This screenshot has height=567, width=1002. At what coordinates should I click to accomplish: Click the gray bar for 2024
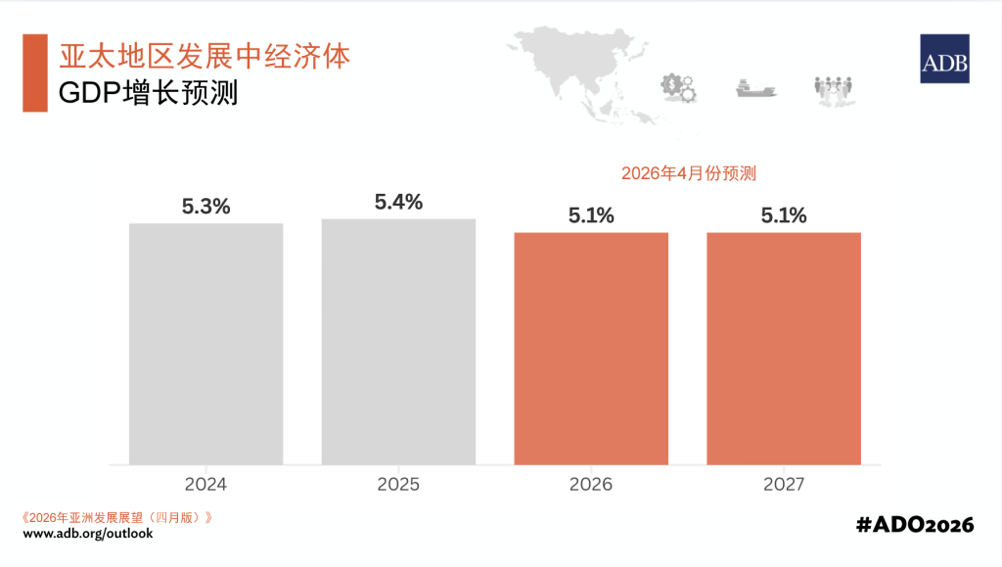[x=205, y=343]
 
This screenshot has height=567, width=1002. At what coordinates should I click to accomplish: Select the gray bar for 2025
[x=398, y=341]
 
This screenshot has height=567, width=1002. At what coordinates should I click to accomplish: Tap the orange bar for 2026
[x=591, y=348]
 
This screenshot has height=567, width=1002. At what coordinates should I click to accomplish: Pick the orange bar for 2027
[x=784, y=348]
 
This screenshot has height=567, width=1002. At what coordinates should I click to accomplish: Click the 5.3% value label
[x=205, y=207]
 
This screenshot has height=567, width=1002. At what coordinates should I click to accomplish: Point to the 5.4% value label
[x=398, y=202]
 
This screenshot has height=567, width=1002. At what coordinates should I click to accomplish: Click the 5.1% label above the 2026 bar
[x=591, y=216]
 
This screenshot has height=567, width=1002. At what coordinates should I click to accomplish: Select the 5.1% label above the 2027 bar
[x=784, y=216]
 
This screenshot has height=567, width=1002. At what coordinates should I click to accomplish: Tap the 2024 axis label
[x=205, y=485]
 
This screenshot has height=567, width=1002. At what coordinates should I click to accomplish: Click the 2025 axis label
[x=398, y=485]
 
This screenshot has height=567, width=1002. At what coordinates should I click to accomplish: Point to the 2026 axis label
[x=591, y=485]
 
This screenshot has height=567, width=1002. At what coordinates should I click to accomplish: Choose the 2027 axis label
[x=784, y=485]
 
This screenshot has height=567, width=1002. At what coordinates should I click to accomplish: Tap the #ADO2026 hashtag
[x=915, y=525]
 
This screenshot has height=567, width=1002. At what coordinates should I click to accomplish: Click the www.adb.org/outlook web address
[x=88, y=534]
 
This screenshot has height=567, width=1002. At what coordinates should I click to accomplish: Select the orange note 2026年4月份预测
[x=689, y=173]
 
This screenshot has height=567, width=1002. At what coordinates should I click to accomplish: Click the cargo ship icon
[x=756, y=89]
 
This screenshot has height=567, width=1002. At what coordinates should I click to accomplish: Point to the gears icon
[x=679, y=88]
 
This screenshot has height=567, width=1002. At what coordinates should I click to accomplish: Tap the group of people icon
[x=835, y=89]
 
